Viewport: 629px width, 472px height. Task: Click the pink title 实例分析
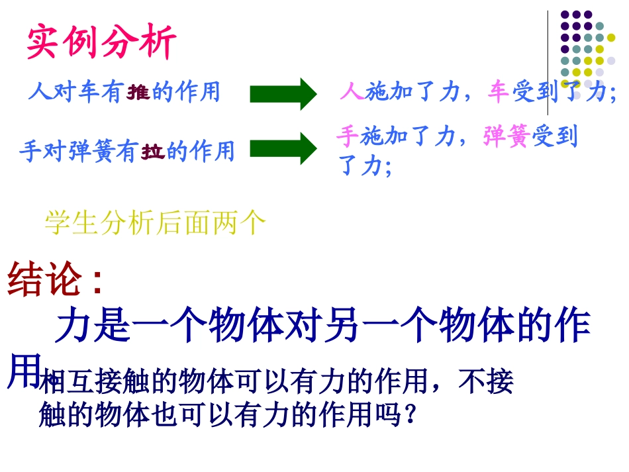[x=101, y=43]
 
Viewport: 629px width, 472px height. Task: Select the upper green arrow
[x=283, y=94]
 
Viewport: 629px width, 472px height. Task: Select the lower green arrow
[x=283, y=148]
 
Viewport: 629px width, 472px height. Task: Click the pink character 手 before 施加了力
[x=348, y=136]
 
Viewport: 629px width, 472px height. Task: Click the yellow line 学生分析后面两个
[x=155, y=223]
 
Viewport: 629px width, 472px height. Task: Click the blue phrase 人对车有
[x=74, y=92]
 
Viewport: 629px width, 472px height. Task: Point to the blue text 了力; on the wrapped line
[x=365, y=165]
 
